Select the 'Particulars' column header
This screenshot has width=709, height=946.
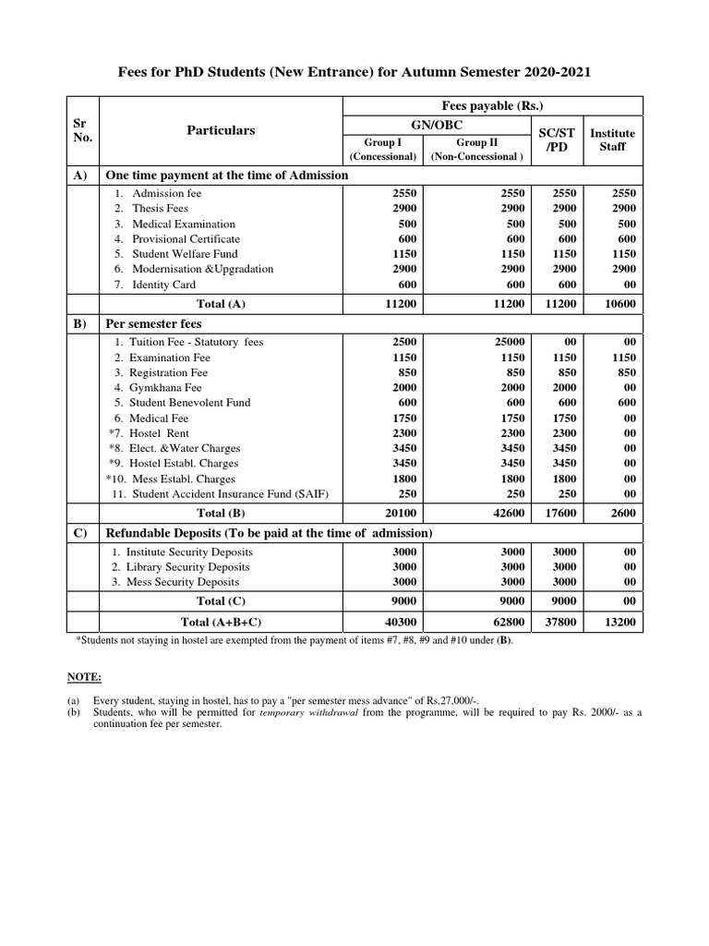221,130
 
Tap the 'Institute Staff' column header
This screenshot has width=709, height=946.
612,139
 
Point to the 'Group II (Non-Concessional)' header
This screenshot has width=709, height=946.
475,149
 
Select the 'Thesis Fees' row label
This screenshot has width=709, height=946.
160,209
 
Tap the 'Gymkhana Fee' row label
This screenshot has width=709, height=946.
164,387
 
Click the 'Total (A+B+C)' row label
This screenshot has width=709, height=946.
222,623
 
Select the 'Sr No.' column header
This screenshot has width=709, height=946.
81,130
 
